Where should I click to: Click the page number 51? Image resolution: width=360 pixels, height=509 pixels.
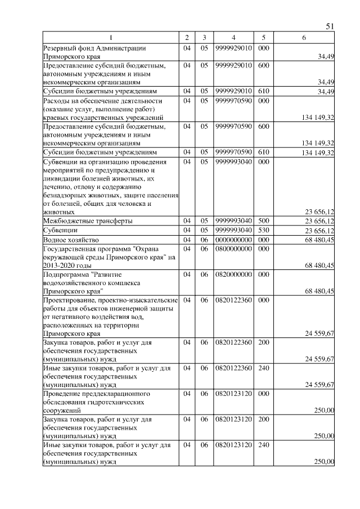pyautogui.click(x=330, y=26)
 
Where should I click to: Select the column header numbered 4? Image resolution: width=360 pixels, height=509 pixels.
pyautogui.click(x=233, y=37)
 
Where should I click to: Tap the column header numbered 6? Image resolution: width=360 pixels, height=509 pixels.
pyautogui.click(x=304, y=37)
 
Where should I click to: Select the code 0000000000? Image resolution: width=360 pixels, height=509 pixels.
pyautogui.click(x=233, y=239)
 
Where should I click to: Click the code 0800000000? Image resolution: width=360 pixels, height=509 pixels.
pyautogui.click(x=233, y=248)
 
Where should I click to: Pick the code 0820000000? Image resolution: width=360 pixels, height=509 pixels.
pyautogui.click(x=233, y=274)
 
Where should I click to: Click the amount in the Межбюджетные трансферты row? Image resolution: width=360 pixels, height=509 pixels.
pyautogui.click(x=319, y=221)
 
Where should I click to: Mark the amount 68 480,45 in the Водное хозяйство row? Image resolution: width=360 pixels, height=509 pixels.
pyautogui.click(x=319, y=239)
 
